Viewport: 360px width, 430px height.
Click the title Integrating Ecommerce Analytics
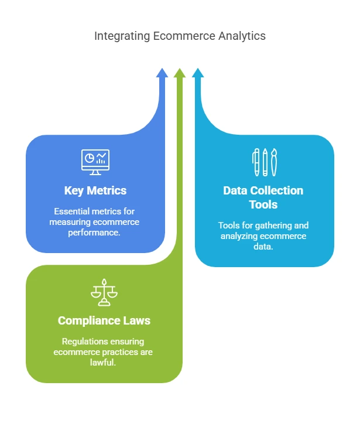180,36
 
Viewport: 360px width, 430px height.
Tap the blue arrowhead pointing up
162,73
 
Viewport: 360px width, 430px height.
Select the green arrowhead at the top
180,73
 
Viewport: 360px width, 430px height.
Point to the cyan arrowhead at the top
198,73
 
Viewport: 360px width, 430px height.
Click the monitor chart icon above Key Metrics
95,161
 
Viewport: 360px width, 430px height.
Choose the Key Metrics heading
95,190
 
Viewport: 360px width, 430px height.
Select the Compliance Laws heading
104,320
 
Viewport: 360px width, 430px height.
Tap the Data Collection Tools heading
263,197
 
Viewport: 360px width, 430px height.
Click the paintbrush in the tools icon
273,162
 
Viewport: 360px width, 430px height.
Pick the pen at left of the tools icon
256,162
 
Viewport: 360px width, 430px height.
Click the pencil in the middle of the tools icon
265,162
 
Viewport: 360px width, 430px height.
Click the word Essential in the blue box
72,211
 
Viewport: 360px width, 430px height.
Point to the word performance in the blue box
95,232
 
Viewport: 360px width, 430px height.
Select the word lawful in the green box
104,362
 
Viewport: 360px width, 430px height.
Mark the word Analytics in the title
242,36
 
